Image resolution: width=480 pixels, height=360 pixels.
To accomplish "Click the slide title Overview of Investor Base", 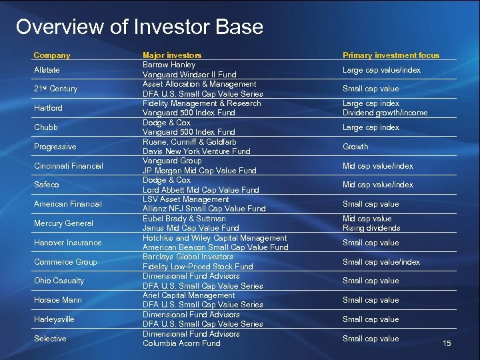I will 139,27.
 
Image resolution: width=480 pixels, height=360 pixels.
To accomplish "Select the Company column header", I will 52,55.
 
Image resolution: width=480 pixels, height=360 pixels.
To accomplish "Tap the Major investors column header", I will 172,55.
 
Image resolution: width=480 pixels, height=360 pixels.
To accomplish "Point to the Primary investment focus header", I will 391,55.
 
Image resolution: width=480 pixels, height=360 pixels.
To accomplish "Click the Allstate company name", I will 47,70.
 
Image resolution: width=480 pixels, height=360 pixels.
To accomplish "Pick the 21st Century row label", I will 55,89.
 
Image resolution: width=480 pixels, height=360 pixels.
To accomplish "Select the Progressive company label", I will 55,147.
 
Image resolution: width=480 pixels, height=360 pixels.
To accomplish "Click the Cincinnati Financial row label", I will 68,166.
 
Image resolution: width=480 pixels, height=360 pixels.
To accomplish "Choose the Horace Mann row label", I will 57,300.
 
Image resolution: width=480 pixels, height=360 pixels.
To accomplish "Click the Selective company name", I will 50,339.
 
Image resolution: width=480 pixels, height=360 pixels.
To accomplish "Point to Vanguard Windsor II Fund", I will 189,75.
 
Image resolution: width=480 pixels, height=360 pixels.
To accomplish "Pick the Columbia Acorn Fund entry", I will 181,343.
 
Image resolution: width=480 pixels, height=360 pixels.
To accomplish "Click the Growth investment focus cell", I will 355,147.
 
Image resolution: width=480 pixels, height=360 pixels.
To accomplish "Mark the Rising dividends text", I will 371,228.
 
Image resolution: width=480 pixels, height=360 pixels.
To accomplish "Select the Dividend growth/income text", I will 385,113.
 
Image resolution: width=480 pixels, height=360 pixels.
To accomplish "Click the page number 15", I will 447,343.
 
